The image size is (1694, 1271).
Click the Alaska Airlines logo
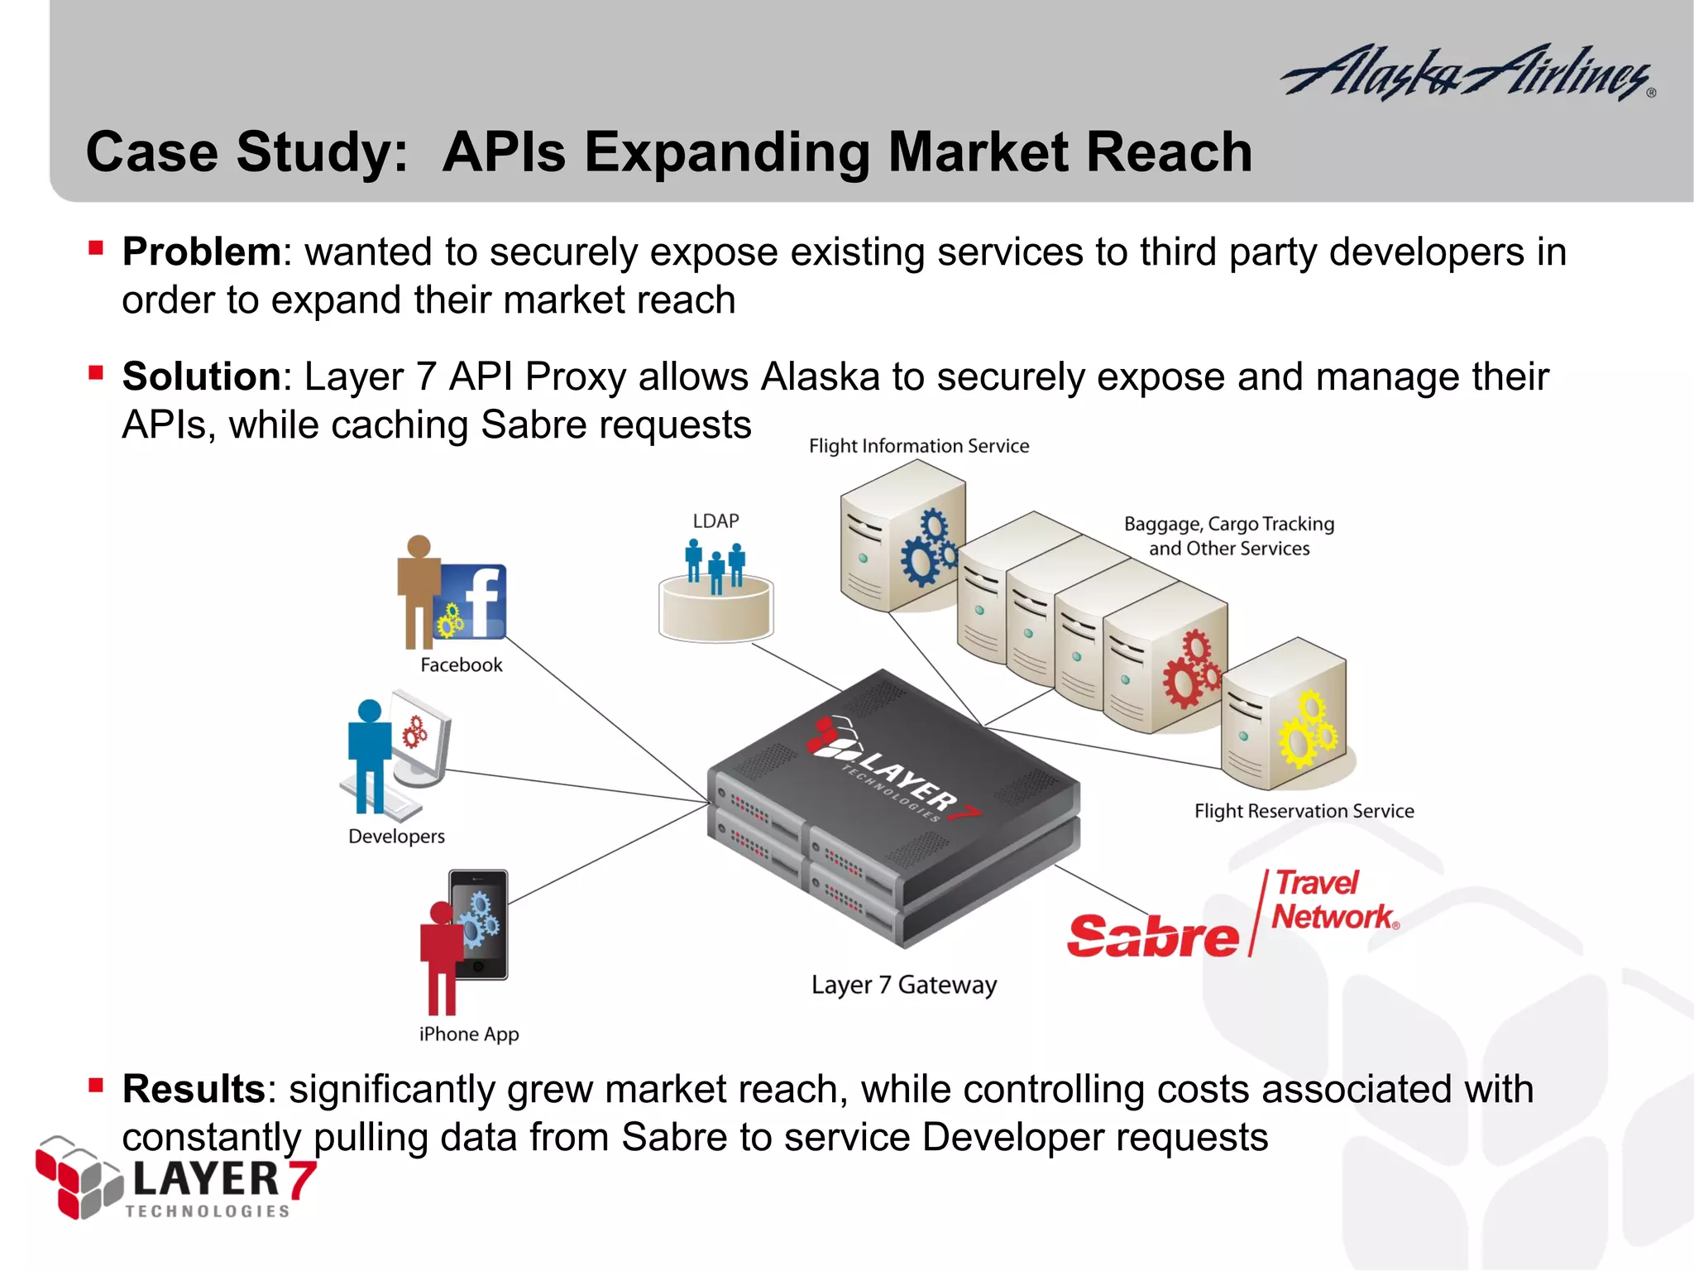(x=1468, y=73)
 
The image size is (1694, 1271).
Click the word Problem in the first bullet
(x=202, y=252)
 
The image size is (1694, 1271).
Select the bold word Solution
(x=202, y=377)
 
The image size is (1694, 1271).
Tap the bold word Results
(x=194, y=1089)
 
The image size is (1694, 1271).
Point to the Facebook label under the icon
(x=461, y=665)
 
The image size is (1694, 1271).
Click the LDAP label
(x=715, y=521)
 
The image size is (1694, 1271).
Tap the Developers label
(x=396, y=837)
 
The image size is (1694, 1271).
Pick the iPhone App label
(x=469, y=1034)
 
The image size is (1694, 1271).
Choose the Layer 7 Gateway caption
(x=903, y=985)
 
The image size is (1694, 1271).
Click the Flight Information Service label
(x=919, y=446)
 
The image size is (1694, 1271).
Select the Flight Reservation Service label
(x=1304, y=811)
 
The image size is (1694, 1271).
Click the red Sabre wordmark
(x=1153, y=936)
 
